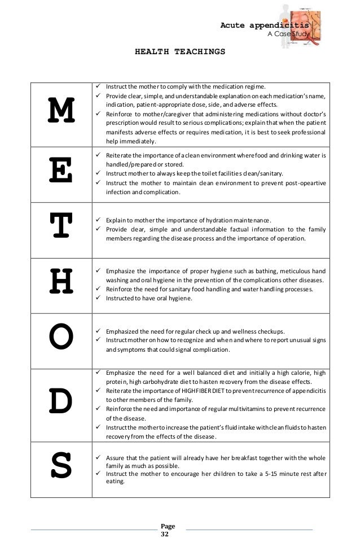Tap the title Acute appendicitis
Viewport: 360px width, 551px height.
265,25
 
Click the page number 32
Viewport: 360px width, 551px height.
165,534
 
